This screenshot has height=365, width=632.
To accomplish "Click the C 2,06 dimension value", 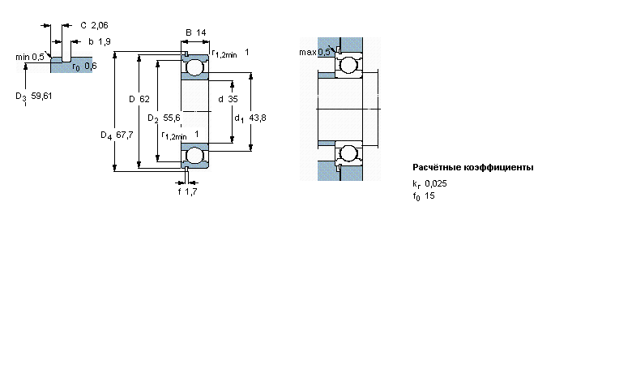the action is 94,25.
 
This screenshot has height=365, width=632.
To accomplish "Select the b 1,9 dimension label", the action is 100,41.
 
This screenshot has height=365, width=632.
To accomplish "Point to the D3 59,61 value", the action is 34,97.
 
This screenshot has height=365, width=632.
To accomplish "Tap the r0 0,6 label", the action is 84,67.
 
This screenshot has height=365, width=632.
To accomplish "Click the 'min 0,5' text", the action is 30,58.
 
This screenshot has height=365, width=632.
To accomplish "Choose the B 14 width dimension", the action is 196,32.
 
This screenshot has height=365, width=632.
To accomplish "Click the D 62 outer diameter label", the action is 139,99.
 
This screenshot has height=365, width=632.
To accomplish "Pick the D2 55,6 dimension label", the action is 164,118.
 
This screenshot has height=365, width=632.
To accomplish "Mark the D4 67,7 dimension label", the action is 117,135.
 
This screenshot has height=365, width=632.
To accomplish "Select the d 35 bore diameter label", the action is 228,99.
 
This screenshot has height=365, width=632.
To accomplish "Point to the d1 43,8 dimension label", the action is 250,118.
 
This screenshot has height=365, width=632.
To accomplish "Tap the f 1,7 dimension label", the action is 187,191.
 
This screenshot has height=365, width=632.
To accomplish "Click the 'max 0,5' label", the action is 314,52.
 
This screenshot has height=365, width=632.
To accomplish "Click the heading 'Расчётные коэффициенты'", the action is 473,167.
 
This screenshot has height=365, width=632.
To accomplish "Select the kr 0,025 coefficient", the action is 429,184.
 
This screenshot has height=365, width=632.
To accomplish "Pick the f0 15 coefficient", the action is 424,196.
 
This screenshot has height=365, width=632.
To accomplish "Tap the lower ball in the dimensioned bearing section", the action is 195,155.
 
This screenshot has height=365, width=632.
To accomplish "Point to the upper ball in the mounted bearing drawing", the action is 348,65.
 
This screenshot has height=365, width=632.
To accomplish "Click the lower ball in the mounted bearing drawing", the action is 348,153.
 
